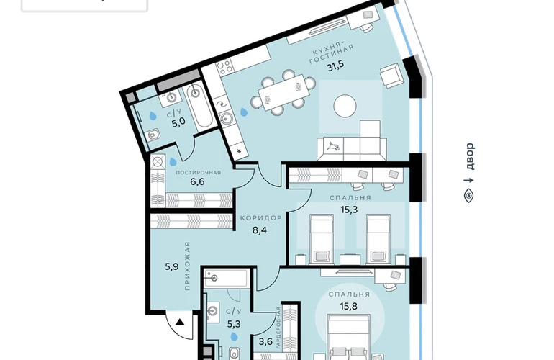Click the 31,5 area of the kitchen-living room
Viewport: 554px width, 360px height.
click(335, 66)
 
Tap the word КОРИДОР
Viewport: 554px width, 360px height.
click(261, 218)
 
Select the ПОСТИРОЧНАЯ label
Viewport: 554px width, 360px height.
click(198, 173)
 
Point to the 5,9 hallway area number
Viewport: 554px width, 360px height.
click(172, 266)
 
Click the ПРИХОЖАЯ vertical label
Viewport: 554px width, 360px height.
click(187, 266)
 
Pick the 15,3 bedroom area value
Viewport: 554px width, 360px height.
click(349, 210)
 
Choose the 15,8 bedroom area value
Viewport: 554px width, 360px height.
click(348, 306)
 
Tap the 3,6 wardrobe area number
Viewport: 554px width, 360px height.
click(265, 341)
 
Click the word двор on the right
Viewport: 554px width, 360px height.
click(469, 156)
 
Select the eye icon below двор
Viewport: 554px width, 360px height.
click(469, 196)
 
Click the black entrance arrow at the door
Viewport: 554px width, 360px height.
click(180, 322)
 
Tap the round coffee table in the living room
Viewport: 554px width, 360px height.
click(345, 106)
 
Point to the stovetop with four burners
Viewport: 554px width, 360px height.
click(224, 68)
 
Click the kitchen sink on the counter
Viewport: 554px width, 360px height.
click(227, 118)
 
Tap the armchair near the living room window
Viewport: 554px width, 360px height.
click(391, 76)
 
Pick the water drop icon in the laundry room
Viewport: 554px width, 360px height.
click(173, 161)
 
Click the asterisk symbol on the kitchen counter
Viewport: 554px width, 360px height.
click(239, 152)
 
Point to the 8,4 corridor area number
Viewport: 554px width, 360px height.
click(260, 230)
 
